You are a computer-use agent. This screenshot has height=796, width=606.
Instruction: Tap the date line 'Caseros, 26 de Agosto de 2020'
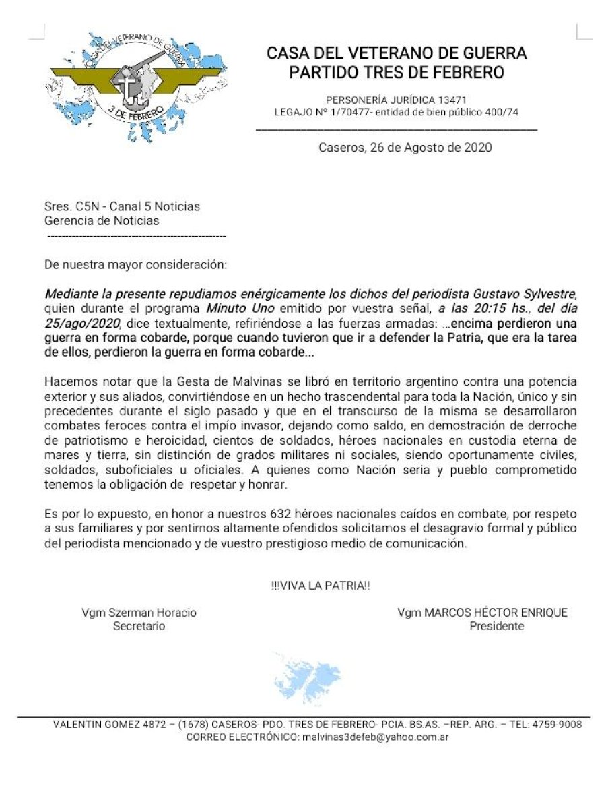[x=405, y=147]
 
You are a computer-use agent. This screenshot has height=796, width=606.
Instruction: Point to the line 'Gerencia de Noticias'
[x=102, y=220]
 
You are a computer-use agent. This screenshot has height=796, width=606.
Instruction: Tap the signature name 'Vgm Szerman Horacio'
[x=139, y=613]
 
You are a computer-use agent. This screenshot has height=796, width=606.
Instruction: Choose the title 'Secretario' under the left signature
[x=139, y=626]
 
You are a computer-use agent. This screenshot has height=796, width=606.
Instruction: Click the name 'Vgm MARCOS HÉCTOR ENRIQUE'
[x=482, y=613]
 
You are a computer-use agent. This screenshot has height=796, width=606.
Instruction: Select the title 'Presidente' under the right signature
[x=497, y=626]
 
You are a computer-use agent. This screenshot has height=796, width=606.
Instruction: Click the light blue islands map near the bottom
[x=307, y=677]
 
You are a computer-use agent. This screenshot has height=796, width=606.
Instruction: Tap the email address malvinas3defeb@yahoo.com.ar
[x=375, y=737]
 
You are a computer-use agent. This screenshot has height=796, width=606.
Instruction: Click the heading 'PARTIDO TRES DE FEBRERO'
[x=397, y=72]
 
